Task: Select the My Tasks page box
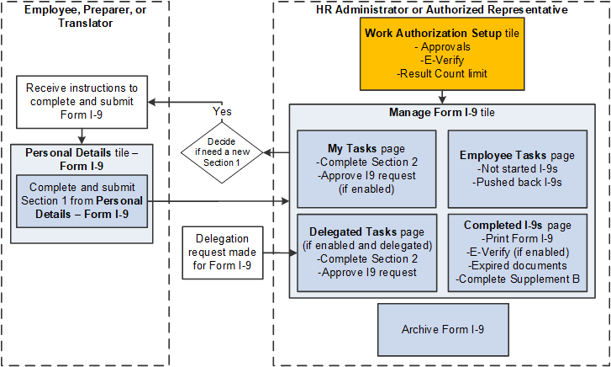366,168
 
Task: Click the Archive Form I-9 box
443,329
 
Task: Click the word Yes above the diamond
223,110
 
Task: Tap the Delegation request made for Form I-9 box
222,253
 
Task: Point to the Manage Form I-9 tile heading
442,113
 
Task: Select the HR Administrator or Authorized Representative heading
444,10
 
